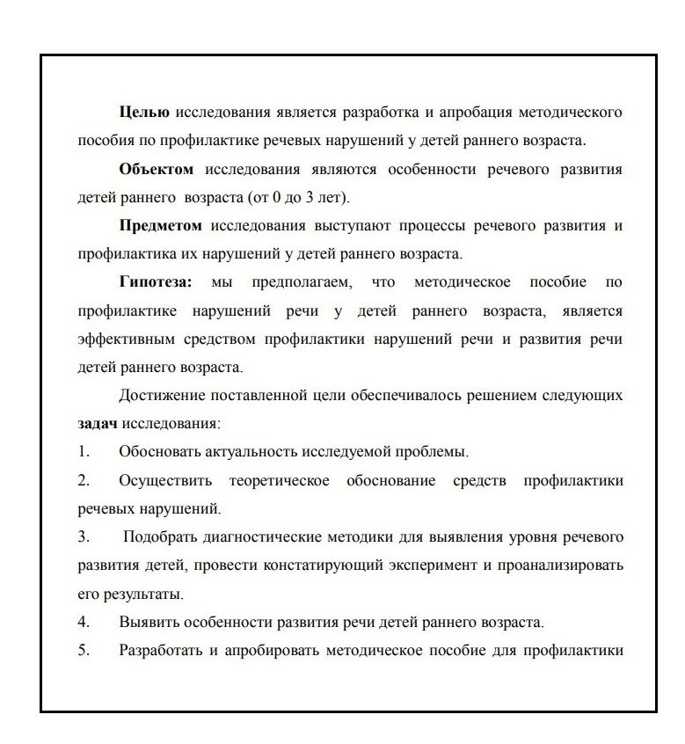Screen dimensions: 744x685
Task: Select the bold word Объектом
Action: tap(156, 170)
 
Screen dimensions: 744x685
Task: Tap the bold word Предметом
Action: tap(160, 226)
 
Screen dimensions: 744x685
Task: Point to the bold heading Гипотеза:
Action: tap(156, 283)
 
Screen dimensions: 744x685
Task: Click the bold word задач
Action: tap(97, 424)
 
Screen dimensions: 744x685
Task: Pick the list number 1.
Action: tap(84, 452)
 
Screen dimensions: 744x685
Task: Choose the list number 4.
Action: tap(84, 623)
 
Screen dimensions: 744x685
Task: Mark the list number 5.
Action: tap(84, 651)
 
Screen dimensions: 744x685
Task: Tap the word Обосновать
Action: tap(158, 452)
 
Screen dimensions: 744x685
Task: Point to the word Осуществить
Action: tap(164, 481)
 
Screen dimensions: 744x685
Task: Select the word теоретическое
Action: tap(279, 481)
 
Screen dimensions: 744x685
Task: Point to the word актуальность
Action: tap(249, 452)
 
